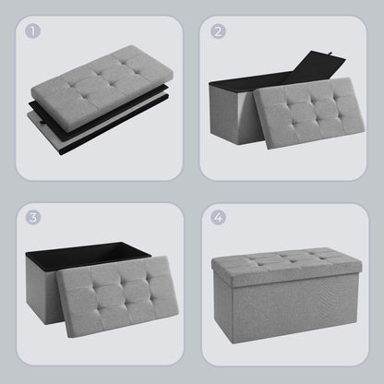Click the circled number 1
click(x=33, y=31)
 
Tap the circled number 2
click(x=218, y=31)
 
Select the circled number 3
click(x=33, y=217)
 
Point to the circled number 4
click(x=218, y=217)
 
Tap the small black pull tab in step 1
click(x=42, y=123)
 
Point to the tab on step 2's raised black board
click(x=330, y=54)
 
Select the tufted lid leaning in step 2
click(x=309, y=113)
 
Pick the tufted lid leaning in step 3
click(x=119, y=296)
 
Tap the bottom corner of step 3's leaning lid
click(x=68, y=338)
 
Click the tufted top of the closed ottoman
click(x=286, y=259)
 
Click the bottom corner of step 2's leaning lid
click(x=269, y=149)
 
